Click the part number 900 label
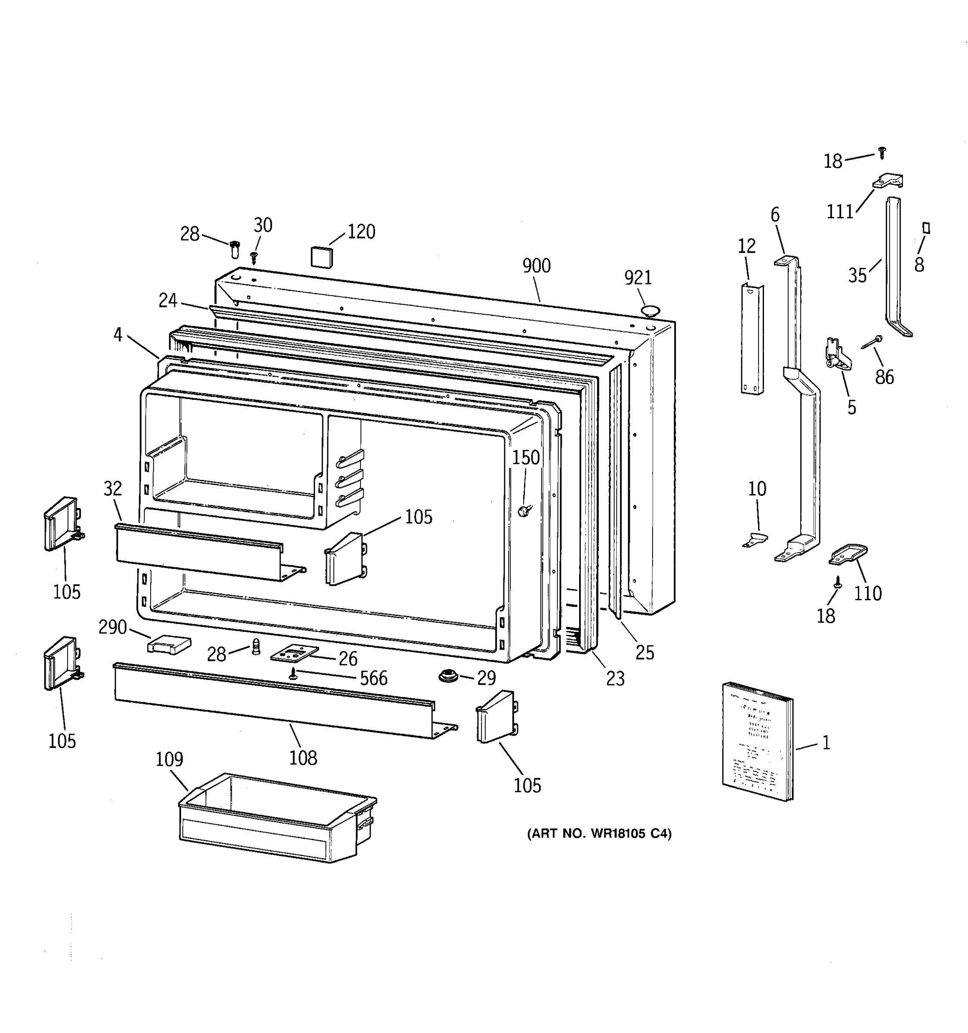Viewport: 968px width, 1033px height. [536, 266]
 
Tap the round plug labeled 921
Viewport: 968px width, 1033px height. [650, 311]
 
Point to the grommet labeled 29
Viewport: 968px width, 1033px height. [448, 676]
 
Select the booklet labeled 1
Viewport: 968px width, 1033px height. [757, 742]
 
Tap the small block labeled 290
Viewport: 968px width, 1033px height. [169, 645]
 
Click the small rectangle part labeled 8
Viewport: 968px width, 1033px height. [925, 228]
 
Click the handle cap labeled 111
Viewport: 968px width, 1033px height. [888, 180]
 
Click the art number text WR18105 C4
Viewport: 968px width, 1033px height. [599, 834]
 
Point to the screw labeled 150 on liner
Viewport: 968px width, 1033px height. [523, 512]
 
